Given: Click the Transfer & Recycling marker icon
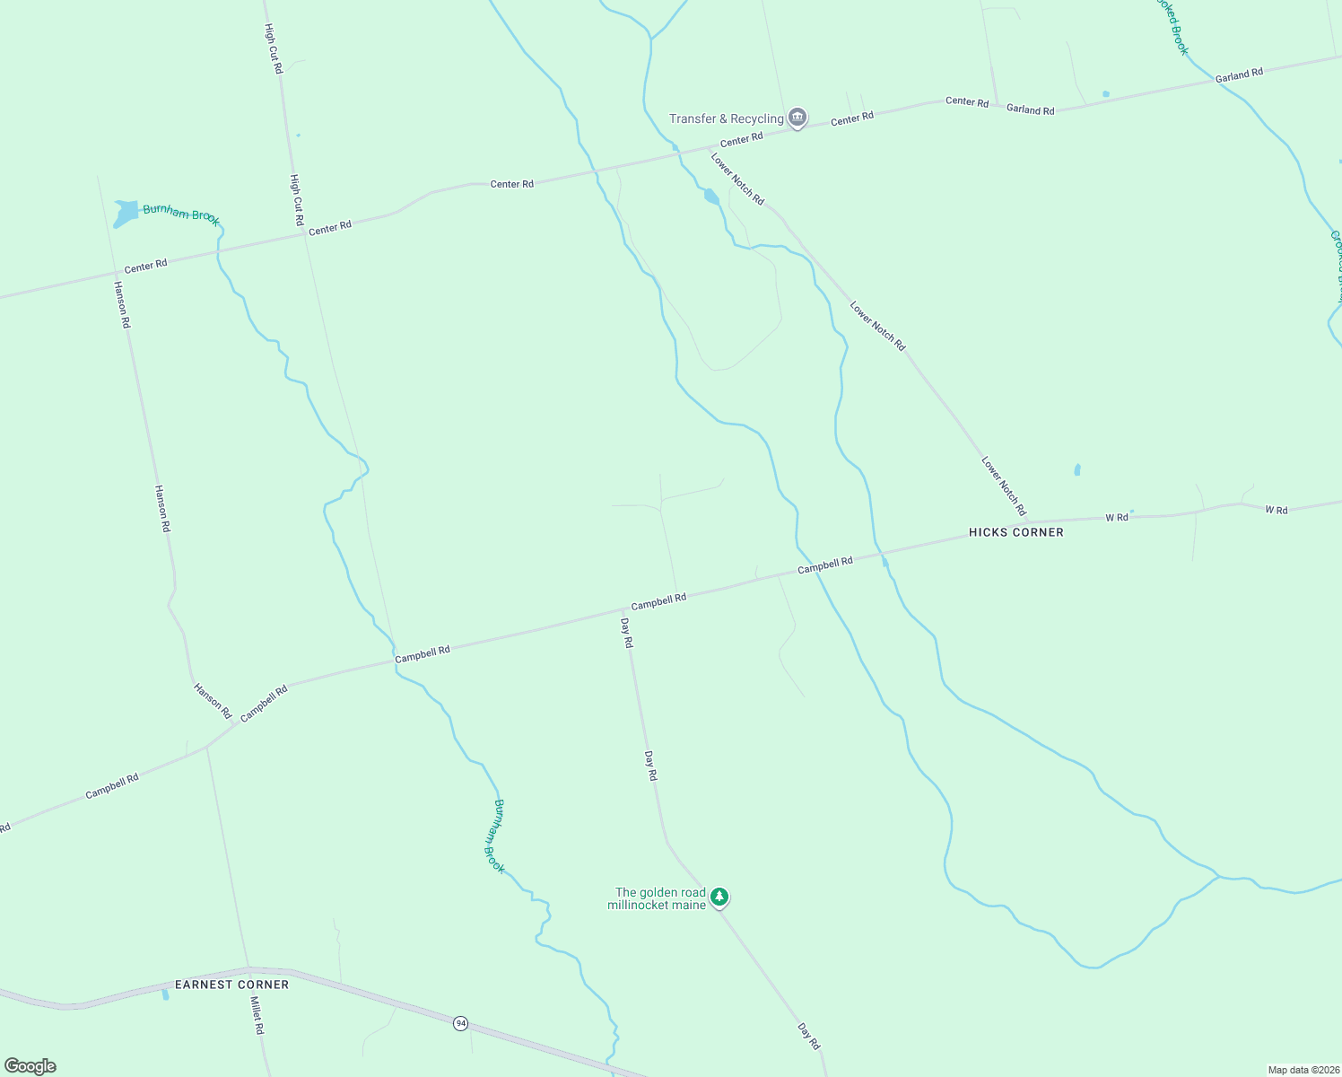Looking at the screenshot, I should point(797,118).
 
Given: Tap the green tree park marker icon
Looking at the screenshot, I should point(719,897).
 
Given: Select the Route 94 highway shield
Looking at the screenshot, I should point(460,1023).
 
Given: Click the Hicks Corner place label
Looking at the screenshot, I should point(1015,532).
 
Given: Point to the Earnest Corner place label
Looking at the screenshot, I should point(231,985).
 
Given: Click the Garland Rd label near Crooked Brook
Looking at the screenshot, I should point(1239,75).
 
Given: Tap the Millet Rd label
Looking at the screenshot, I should point(257,1015).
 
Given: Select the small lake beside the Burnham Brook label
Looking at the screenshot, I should point(125,214).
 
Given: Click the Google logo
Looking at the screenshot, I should point(30,1066).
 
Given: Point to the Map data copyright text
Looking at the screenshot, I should point(1303,1070).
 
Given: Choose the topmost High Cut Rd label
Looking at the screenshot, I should point(274,48).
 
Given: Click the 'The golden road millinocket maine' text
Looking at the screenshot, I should point(657,898).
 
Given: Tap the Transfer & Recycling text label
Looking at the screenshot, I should point(726,118).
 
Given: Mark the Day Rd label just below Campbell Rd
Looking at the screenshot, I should point(627,633).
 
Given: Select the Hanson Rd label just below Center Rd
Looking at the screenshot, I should point(122,304).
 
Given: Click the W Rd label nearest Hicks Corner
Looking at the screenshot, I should point(1117,518).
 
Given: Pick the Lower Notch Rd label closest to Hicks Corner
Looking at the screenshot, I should point(1004,486).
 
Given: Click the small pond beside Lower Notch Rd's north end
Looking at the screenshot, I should point(711,196).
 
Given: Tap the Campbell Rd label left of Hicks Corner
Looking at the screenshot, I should point(825,565).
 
